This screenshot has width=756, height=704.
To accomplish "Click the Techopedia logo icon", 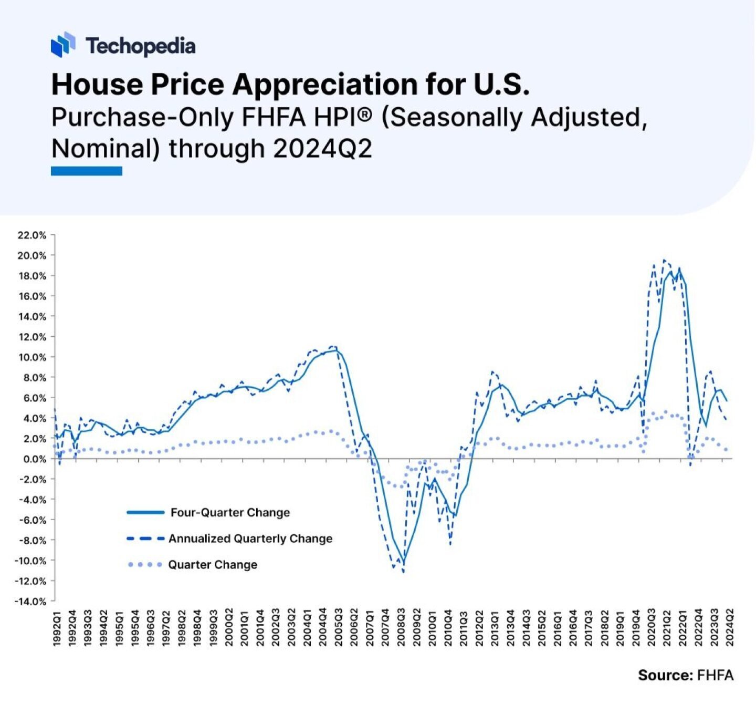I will [63, 45].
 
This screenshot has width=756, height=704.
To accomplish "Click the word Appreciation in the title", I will [325, 84].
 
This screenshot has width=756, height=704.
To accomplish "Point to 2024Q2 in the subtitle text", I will [322, 149].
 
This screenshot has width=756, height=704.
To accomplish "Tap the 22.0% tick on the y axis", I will [32, 235].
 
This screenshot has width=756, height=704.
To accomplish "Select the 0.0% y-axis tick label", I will [34, 459].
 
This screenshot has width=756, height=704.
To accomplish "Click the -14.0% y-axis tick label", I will [32, 602].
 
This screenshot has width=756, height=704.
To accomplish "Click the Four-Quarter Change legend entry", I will [230, 513].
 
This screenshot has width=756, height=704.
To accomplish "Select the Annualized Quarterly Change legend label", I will [250, 539].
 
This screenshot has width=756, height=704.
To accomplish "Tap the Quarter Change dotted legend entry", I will [213, 565].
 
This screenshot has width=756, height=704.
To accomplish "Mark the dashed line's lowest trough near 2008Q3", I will [403, 572].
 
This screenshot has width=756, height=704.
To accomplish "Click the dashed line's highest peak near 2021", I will [664, 260].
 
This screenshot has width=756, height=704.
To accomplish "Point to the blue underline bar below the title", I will [87, 171].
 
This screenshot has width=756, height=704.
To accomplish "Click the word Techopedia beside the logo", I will [141, 46].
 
